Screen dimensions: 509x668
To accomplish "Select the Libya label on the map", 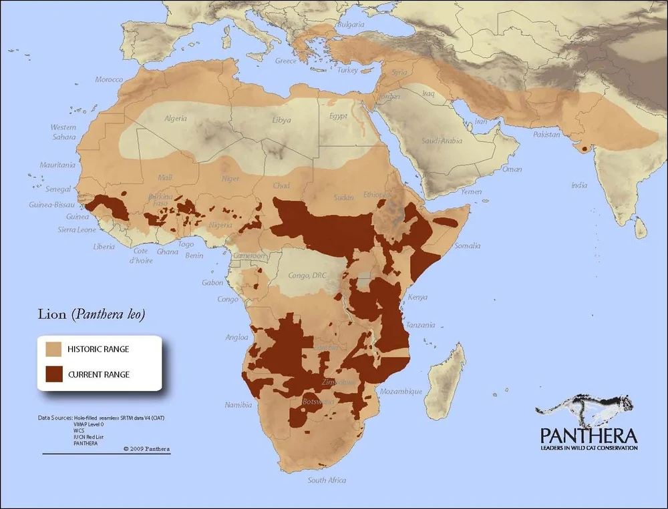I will pos(281,121).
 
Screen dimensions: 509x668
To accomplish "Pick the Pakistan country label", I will pos(546,135).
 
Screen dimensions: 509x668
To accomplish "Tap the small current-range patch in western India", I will pos(585,148).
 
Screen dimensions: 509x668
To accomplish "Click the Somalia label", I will pos(466,246).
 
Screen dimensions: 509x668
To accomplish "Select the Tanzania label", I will pos(420,325).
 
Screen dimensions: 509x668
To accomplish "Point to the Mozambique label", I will pos(401,392).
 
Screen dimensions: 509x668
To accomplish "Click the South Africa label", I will pos(327,480).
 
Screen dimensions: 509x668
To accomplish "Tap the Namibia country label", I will pos(238,405).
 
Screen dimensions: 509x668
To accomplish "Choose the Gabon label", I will pos(212,283).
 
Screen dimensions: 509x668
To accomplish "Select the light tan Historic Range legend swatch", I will pos(53,349).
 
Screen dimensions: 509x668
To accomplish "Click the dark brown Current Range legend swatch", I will pos(53,374).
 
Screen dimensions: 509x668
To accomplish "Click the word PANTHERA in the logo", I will pos(588,436).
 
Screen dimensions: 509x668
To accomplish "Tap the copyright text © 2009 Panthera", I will pos(146,449).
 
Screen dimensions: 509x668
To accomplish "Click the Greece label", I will pos(286,61).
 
